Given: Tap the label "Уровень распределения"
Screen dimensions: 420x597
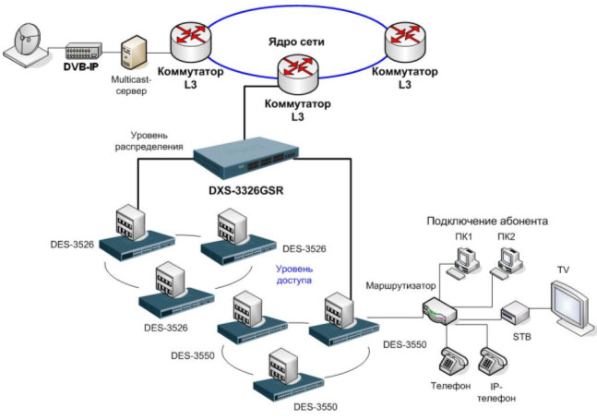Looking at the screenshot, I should [151, 139].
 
